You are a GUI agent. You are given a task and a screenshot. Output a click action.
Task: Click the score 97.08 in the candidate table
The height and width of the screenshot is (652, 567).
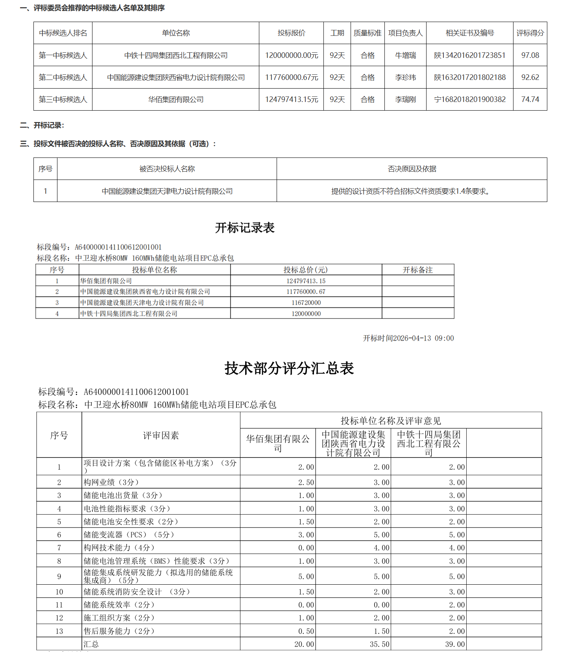click(x=530, y=56)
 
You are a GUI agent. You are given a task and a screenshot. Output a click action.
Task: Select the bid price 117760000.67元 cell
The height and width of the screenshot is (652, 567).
click(x=291, y=78)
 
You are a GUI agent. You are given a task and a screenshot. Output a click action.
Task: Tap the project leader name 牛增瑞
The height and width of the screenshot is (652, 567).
click(x=405, y=56)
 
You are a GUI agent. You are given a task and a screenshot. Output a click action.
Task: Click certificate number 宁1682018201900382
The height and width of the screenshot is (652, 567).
click(x=469, y=100)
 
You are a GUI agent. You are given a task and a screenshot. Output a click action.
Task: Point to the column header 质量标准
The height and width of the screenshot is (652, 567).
click(x=367, y=33)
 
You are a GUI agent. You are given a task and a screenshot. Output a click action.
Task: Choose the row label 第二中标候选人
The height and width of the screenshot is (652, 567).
click(x=63, y=78)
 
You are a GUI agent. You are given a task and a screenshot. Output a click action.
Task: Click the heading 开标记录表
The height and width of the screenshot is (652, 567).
click(x=244, y=228)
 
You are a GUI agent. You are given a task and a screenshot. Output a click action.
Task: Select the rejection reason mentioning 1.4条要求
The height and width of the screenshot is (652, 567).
click(x=411, y=191)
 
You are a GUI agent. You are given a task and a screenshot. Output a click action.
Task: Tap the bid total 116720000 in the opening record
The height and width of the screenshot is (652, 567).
click(x=306, y=303)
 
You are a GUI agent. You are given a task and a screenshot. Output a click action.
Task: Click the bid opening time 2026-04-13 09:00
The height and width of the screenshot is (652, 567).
click(x=408, y=338)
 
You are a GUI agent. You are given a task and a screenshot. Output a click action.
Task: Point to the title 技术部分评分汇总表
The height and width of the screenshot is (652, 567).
click(x=289, y=369)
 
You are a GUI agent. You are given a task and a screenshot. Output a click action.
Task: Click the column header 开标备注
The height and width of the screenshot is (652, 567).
click(x=417, y=270)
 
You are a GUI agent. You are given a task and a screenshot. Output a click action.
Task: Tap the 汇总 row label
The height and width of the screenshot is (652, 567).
click(x=91, y=644)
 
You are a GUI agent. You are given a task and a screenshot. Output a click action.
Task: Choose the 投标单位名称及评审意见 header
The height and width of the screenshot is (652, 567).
click(x=390, y=421)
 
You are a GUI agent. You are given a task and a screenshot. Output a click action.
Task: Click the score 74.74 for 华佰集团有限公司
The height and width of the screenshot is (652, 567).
click(x=530, y=100)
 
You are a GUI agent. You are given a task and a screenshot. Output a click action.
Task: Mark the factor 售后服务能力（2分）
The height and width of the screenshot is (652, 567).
click(x=119, y=631)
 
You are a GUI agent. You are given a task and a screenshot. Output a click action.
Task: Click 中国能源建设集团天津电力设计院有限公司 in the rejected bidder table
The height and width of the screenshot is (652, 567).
click(x=167, y=191)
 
